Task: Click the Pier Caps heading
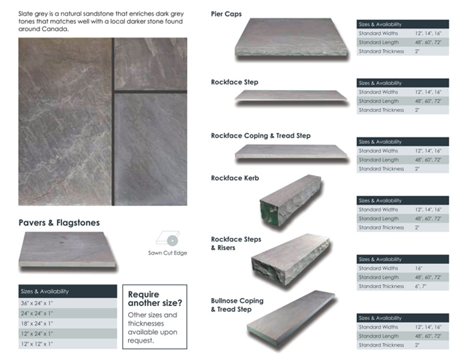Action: pos(226,13)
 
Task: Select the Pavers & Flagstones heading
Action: pos(59,222)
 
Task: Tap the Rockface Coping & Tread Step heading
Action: pos(260,135)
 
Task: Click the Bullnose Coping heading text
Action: pos(237,301)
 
